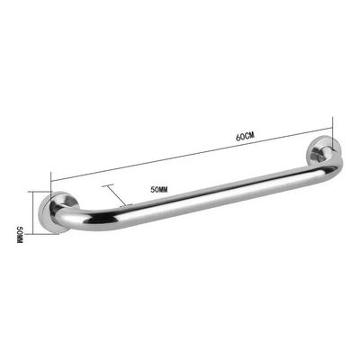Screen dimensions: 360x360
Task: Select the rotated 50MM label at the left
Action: pyautogui.click(x=17, y=238)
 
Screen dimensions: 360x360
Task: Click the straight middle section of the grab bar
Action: pyautogui.click(x=198, y=199)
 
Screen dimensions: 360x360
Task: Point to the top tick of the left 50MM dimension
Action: pyautogui.click(x=31, y=192)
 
